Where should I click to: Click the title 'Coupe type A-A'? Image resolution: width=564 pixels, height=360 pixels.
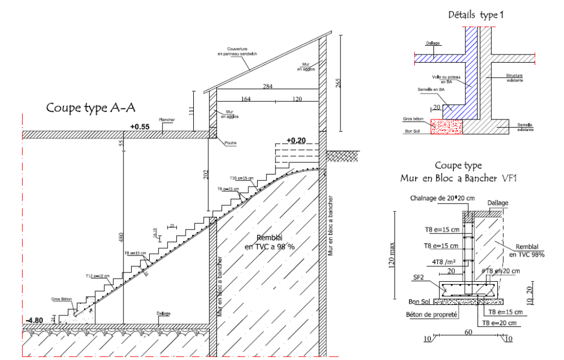(x=90, y=107)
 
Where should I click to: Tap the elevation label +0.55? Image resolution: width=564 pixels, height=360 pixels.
(x=140, y=127)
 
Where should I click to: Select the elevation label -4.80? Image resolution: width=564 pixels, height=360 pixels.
(x=34, y=320)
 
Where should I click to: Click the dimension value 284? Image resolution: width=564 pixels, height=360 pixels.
(x=268, y=87)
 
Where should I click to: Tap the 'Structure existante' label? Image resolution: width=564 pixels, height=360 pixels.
(x=514, y=78)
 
